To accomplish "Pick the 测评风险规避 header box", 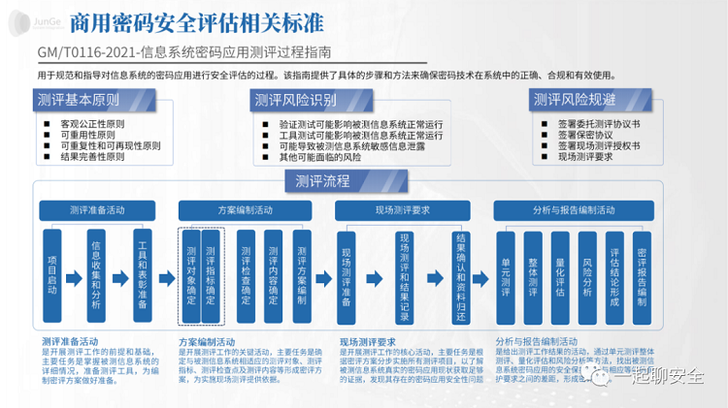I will tap(577, 100).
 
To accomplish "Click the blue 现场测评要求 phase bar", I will tap(403, 210).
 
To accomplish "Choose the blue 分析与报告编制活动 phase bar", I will tap(573, 210).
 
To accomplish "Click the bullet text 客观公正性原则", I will tap(95, 125).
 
